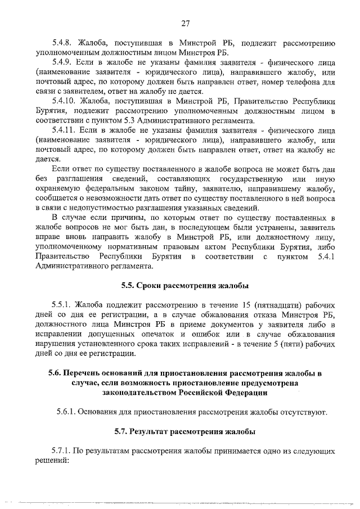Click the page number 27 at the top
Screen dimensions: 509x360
coord(186,23)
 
